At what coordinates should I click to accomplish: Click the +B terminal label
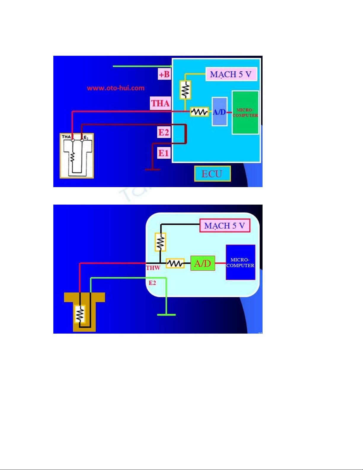(x=164, y=74)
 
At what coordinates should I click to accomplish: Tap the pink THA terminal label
(x=160, y=103)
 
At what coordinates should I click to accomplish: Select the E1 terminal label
(x=164, y=153)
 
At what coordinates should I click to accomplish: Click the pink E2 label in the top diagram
(x=164, y=132)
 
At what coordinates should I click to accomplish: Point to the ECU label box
(x=212, y=174)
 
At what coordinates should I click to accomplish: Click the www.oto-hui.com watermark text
(x=116, y=88)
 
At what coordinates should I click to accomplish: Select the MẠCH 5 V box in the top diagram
(x=231, y=74)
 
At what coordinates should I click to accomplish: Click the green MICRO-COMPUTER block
(x=245, y=113)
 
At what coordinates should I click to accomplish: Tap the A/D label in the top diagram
(x=219, y=112)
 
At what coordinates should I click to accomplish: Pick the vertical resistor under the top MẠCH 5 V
(x=185, y=90)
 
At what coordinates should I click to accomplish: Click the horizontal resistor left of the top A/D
(x=199, y=112)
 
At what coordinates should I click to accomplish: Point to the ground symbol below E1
(x=152, y=170)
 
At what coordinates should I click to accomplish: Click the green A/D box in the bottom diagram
(x=203, y=263)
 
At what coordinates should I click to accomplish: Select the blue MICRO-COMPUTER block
(x=240, y=262)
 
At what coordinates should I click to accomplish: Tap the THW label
(x=153, y=268)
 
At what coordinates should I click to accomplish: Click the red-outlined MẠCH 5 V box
(x=225, y=226)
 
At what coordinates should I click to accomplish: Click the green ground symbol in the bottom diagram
(x=166, y=315)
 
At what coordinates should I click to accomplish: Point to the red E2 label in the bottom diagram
(x=152, y=283)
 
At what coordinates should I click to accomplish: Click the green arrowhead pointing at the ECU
(x=170, y=66)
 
